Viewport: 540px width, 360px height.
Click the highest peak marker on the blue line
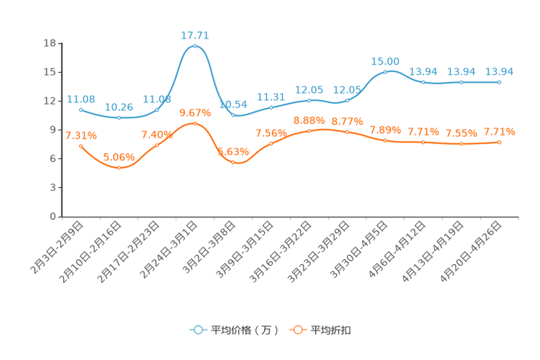(195, 46)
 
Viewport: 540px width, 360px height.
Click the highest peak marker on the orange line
(195, 123)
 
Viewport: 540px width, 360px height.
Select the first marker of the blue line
(81, 109)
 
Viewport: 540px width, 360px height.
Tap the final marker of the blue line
(499, 82)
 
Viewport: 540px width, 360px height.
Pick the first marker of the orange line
(81, 146)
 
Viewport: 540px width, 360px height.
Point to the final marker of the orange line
(499, 142)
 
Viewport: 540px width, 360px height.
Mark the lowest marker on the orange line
(119, 167)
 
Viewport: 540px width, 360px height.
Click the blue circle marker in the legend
(198, 330)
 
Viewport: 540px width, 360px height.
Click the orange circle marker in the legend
(297, 330)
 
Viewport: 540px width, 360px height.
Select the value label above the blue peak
(195, 34)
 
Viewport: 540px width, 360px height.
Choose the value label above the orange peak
(195, 112)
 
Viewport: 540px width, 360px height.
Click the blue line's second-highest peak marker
(385, 71)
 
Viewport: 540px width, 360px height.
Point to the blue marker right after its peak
(233, 115)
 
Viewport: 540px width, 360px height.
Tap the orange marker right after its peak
(233, 160)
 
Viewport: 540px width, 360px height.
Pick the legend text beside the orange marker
(332, 330)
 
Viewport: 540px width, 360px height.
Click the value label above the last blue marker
(499, 71)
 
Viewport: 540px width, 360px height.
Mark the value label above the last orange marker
(499, 131)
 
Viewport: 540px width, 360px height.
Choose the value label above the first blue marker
(81, 99)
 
